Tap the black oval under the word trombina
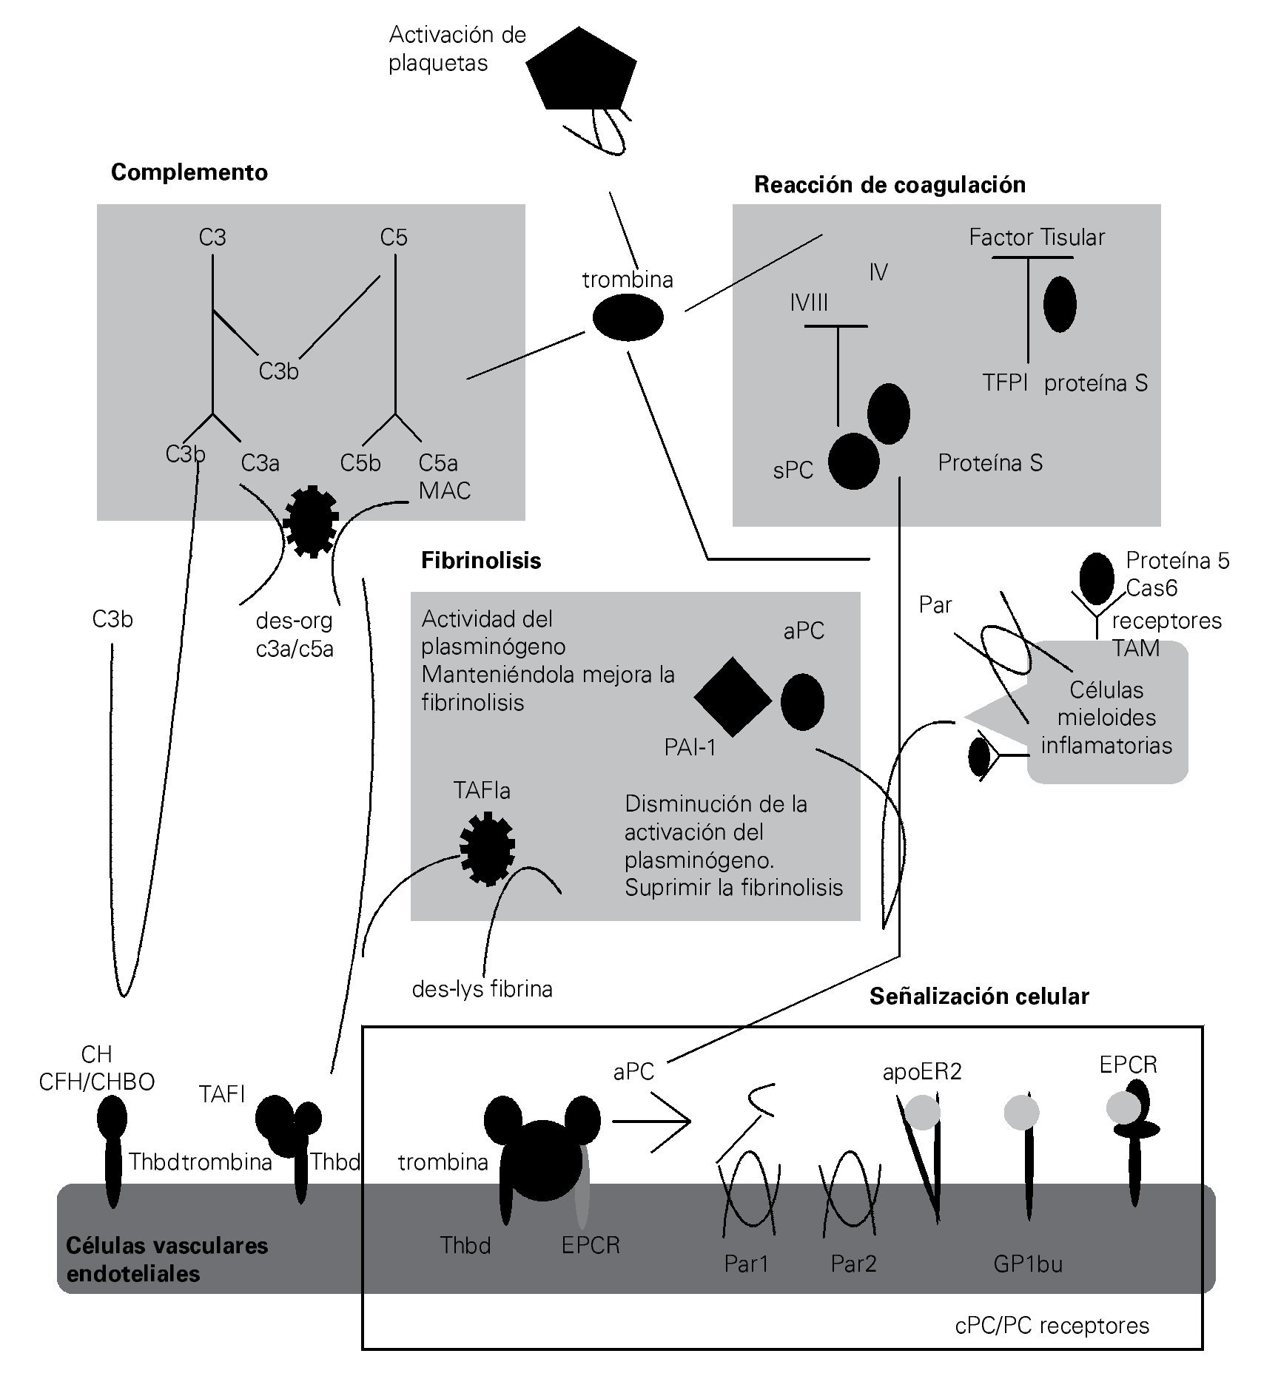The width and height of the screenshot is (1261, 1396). [628, 317]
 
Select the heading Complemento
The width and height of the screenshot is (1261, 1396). [189, 172]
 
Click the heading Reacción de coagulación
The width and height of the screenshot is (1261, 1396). [890, 184]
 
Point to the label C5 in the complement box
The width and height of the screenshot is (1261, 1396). [394, 237]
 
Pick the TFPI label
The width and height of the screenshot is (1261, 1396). [1005, 382]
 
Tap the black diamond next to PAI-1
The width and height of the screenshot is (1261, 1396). [732, 697]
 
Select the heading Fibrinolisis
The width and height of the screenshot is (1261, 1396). [481, 561]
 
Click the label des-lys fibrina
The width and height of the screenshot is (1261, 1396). [482, 989]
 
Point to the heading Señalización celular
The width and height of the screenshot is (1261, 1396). [978, 997]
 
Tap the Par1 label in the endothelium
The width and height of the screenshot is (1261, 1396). [746, 1264]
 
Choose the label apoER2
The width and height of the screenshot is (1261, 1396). [921, 1071]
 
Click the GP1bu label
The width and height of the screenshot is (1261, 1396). [1027, 1264]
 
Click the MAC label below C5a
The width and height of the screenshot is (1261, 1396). [444, 490]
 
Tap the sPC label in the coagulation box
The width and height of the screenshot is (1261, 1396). [793, 470]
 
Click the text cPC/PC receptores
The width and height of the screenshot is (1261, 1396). [1052, 1325]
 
